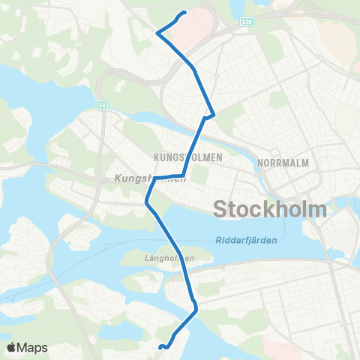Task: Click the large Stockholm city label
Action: coord(270,208)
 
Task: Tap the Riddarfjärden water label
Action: coord(245,240)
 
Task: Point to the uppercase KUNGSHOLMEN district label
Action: coord(178,157)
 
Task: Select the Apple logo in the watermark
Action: coord(13,347)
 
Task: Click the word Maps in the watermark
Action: coord(34,347)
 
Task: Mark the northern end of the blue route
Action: coord(184,12)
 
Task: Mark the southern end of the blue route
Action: coord(160,346)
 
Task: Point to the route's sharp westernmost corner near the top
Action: coord(157,32)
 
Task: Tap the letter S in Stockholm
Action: coord(221,208)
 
